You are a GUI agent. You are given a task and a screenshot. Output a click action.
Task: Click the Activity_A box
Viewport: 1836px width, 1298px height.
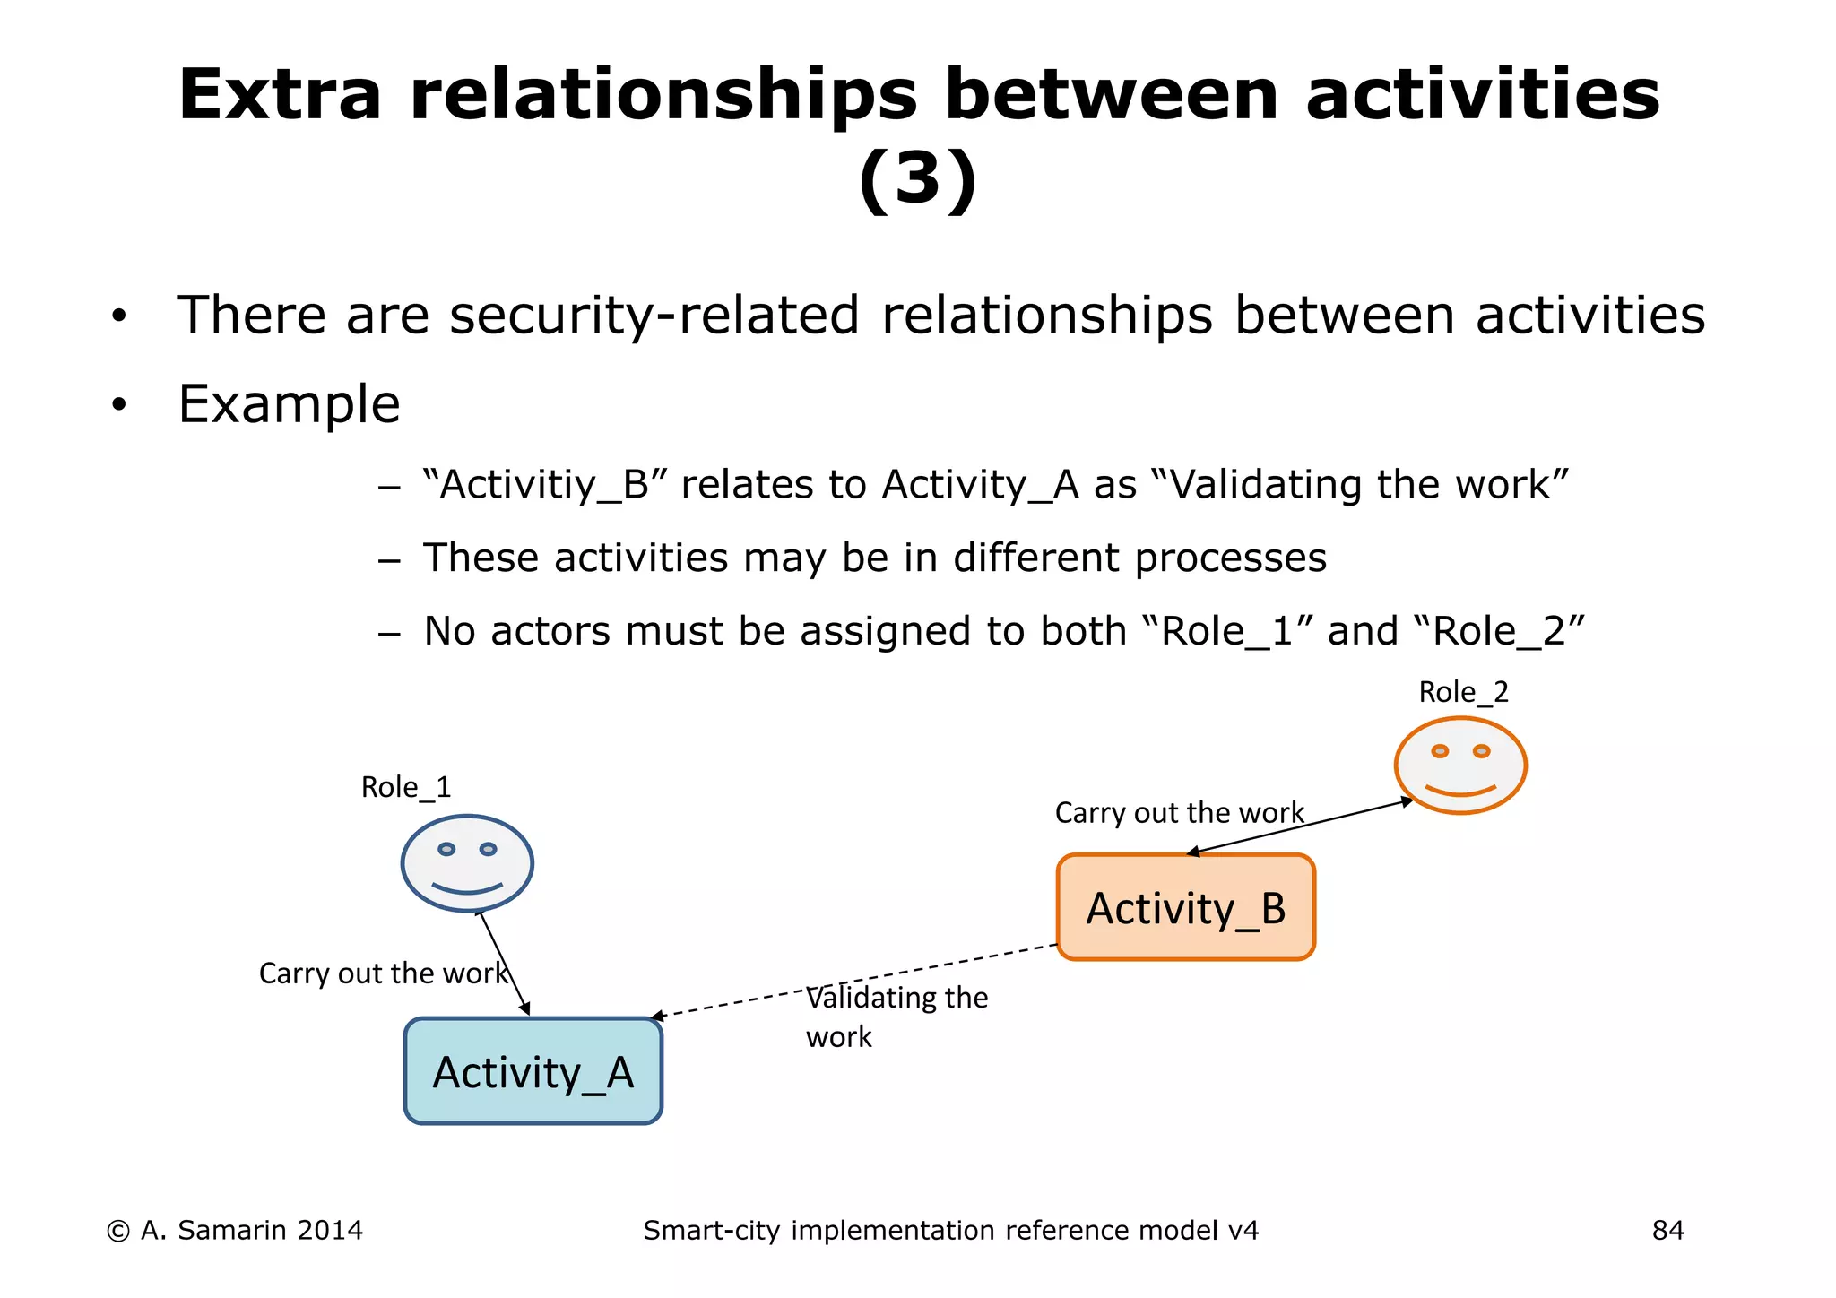533,1071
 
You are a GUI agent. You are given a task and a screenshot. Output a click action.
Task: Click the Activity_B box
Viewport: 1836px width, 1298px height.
1185,907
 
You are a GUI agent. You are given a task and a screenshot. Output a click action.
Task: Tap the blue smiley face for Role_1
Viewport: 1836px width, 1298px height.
467,863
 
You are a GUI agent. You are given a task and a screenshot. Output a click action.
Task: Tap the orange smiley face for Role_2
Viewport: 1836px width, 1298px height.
1460,766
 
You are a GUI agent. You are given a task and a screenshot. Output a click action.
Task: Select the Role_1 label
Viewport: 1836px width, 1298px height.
405,787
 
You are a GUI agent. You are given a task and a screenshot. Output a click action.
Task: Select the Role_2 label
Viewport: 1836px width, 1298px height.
1463,692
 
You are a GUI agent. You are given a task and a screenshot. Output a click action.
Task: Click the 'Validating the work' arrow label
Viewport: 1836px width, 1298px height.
896,1017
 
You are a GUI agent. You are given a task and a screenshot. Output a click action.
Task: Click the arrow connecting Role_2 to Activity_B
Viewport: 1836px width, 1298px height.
1300,826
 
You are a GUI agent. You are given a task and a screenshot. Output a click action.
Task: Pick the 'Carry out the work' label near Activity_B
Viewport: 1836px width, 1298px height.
1179,812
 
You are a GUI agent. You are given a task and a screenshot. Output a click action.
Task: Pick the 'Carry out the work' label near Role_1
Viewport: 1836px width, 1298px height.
383,973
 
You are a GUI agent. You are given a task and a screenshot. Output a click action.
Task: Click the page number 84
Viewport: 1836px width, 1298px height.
1667,1231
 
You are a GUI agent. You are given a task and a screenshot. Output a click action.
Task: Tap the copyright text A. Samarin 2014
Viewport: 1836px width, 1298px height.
235,1231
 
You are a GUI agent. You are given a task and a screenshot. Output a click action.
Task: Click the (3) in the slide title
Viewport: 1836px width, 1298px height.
917,179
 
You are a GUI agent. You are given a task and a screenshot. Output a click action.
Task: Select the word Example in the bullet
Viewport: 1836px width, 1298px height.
289,404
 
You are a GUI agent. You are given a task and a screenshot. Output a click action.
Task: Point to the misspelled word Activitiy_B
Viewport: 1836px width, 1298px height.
547,485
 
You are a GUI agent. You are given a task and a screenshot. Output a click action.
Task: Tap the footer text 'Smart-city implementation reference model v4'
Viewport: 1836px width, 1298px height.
950,1231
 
